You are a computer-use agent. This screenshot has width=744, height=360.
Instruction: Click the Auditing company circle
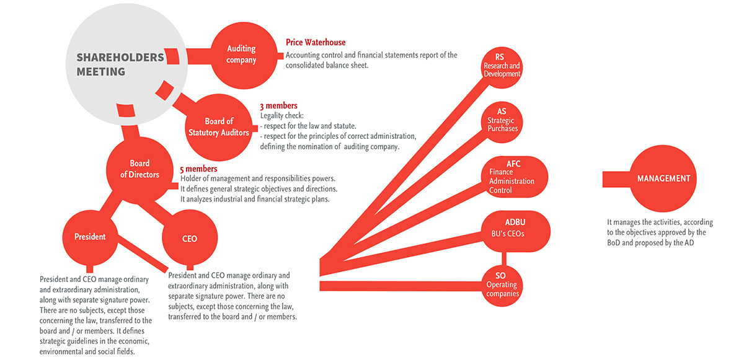point(244,55)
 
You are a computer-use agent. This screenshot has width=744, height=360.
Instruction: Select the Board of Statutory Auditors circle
point(218,128)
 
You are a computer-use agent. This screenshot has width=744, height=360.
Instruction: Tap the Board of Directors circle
point(139,170)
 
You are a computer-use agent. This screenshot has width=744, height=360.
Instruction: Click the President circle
point(90,237)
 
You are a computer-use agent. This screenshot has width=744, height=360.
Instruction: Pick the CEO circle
point(190,237)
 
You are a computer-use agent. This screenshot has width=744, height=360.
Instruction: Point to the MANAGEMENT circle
point(663,178)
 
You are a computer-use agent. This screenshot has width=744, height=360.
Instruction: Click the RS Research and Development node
point(502,68)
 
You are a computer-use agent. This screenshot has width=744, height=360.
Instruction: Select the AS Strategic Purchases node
point(502,122)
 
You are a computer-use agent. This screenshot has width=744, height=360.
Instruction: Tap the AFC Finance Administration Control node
point(514,177)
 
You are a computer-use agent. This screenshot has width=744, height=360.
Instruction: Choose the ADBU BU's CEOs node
point(515,231)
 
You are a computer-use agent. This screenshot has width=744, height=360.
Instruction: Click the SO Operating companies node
point(502,286)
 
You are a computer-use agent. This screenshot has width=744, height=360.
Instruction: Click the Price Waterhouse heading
point(316,43)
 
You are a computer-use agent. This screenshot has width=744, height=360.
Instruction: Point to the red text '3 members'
point(278,106)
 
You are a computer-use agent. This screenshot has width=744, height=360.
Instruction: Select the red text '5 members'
point(198,169)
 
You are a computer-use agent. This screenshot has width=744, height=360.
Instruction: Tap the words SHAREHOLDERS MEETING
point(120,64)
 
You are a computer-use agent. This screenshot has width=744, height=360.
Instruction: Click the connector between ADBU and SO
point(504,259)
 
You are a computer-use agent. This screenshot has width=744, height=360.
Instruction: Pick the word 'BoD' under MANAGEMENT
point(613,243)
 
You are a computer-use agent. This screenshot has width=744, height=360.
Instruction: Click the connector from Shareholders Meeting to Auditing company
point(198,56)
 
